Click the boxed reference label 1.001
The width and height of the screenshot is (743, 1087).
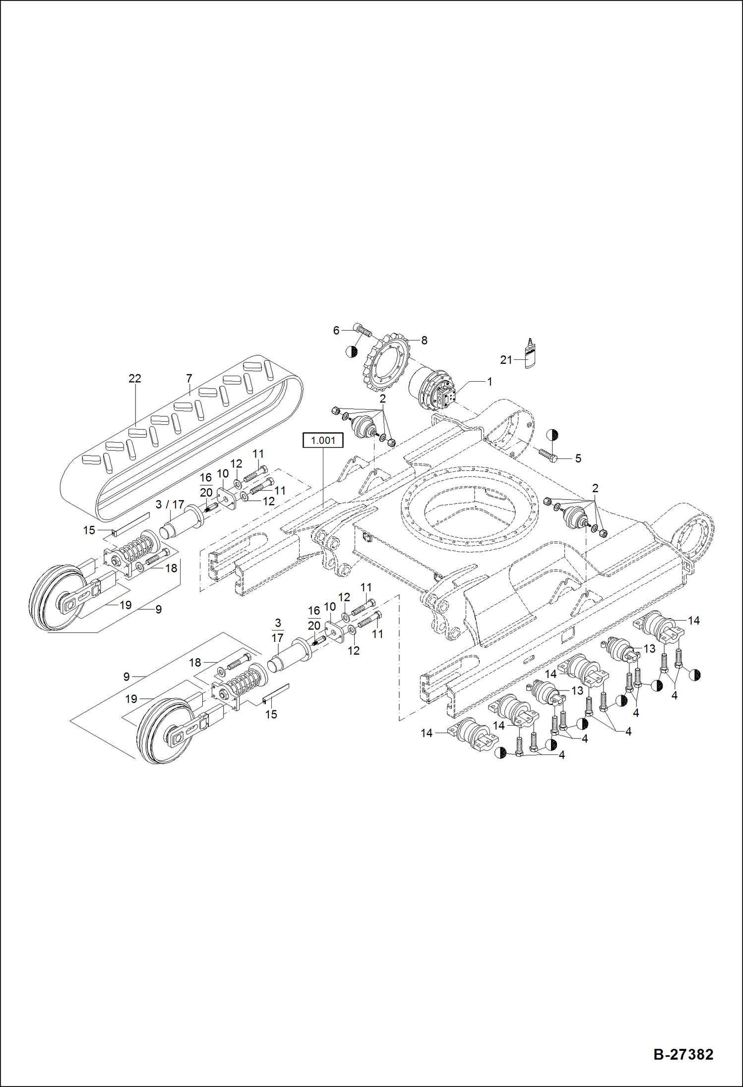(x=323, y=440)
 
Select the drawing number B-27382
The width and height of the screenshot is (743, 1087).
(x=683, y=1054)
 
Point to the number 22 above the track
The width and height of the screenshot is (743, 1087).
(x=134, y=378)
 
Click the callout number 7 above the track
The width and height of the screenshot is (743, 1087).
(x=189, y=378)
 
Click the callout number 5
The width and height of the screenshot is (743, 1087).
(x=578, y=458)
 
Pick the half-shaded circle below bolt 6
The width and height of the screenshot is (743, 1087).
(x=351, y=351)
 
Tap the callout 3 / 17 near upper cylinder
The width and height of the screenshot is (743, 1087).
(x=170, y=505)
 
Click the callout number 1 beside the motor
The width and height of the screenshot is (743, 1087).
(x=490, y=382)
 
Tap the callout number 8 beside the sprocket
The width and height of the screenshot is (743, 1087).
(x=424, y=341)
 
